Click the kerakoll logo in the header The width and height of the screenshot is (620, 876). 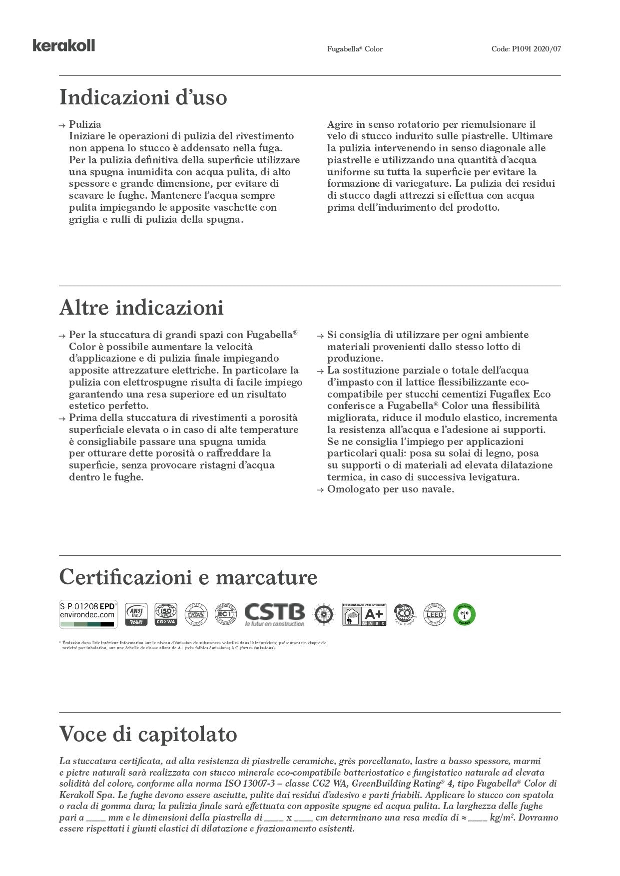pyautogui.click(x=63, y=46)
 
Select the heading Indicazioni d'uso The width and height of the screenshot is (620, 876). pyautogui.click(x=143, y=97)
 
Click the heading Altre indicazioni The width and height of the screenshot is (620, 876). pyautogui.click(x=141, y=308)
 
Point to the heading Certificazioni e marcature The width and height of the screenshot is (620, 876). pyautogui.click(x=188, y=577)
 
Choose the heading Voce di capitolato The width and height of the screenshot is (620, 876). pyautogui.click(x=148, y=734)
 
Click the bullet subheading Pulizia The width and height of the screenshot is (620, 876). pyautogui.click(x=85, y=124)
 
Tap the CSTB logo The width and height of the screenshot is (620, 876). pyautogui.click(x=274, y=614)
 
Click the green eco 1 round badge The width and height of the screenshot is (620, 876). pyautogui.click(x=464, y=614)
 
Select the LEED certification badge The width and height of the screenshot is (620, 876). pyautogui.click(x=434, y=614)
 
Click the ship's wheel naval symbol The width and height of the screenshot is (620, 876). pyautogui.click(x=323, y=614)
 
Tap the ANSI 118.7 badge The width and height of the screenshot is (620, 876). pyautogui.click(x=136, y=614)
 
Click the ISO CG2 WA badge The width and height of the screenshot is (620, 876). pyautogui.click(x=166, y=614)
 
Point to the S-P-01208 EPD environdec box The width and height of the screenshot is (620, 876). pyautogui.click(x=88, y=614)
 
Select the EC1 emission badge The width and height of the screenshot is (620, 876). pyautogui.click(x=225, y=614)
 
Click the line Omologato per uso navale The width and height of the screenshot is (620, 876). pyautogui.click(x=390, y=489)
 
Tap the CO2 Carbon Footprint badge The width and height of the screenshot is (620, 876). pyautogui.click(x=404, y=614)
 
